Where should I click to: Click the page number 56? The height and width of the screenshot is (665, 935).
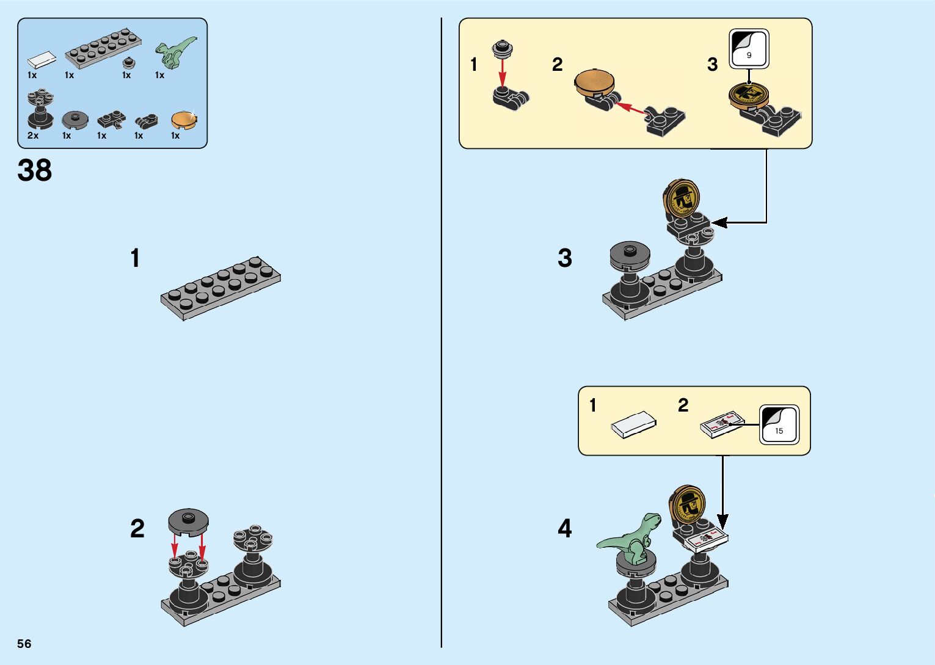24,643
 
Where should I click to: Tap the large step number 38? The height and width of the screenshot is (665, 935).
35,170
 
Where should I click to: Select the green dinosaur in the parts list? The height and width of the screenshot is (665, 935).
176,52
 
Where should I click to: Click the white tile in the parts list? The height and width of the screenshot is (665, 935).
42,60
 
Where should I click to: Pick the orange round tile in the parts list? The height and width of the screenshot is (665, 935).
184,120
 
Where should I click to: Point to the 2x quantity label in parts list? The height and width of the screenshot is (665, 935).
33,135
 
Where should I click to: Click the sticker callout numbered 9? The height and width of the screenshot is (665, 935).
749,48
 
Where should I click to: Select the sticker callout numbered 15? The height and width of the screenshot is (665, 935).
779,424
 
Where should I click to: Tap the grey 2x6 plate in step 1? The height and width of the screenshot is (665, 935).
221,288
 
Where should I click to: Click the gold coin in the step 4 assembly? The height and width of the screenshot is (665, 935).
687,504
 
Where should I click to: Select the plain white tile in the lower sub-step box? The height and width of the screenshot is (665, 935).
633,424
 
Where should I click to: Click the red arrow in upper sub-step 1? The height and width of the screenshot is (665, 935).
502,73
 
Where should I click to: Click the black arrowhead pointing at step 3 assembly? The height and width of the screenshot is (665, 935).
719,222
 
